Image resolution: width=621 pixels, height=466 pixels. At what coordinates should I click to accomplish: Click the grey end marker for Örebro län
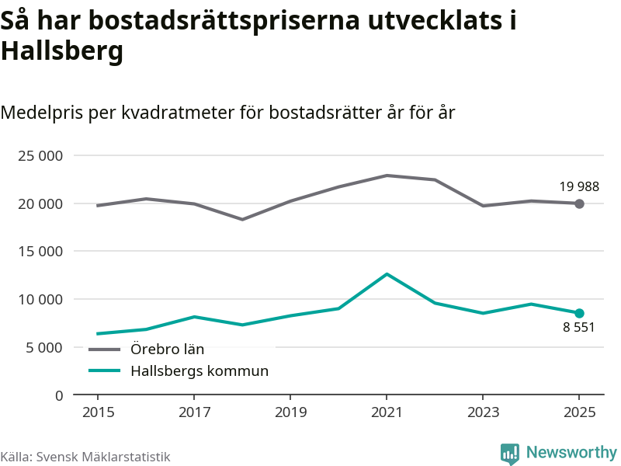point(579,203)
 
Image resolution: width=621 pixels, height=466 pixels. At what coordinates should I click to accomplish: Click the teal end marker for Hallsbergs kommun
point(579,313)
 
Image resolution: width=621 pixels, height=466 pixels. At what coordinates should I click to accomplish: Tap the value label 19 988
point(579,186)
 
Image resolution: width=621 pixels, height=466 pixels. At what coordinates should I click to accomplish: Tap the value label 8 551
point(579,328)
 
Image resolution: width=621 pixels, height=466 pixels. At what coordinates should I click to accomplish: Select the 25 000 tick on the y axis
point(40,155)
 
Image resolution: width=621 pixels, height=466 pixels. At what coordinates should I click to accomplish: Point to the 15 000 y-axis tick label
point(40,252)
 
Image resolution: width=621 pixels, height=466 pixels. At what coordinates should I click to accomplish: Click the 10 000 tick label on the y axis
point(40,299)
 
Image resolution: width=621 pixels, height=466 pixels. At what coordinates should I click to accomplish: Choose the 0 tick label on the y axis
point(59,395)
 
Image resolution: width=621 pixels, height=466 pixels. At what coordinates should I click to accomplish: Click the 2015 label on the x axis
point(97,412)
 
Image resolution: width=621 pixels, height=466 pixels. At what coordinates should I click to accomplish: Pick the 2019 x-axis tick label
point(290,412)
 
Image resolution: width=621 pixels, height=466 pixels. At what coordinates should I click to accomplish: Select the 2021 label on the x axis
point(386,412)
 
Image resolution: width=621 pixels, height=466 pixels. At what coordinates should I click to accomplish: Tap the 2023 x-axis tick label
point(483,412)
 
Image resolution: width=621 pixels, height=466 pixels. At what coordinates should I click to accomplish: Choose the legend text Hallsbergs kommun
point(199,371)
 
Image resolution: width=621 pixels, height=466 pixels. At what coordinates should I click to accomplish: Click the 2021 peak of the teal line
point(386,274)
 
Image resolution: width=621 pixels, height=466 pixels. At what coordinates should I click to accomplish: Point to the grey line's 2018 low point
point(241,219)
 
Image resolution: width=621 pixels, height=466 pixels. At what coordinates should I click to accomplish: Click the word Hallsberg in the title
point(62,51)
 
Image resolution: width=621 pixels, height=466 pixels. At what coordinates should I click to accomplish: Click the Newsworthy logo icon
point(509,454)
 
